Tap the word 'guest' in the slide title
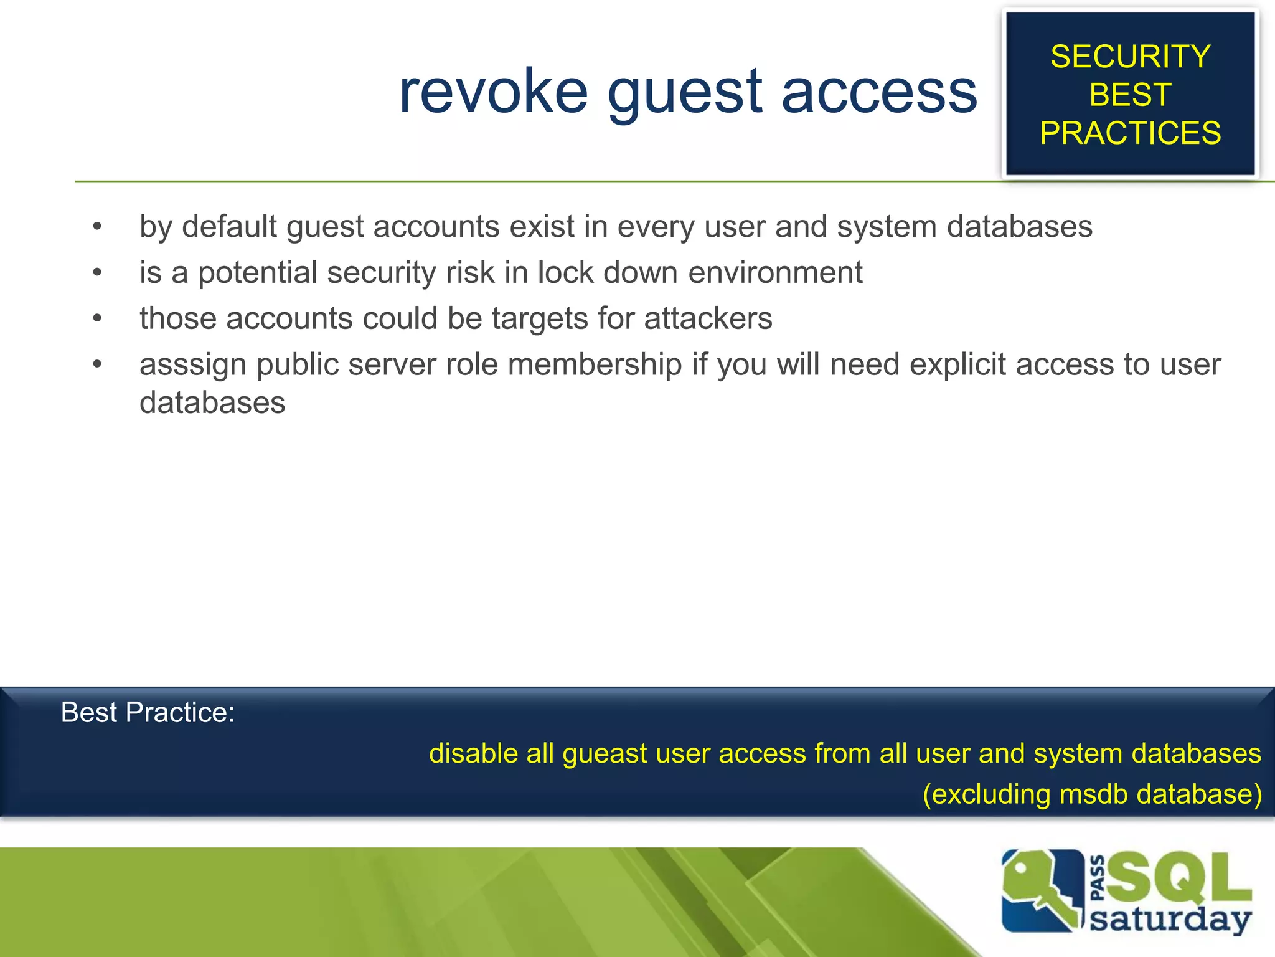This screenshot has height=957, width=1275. click(685, 93)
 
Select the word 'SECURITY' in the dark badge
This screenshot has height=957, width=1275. click(1130, 57)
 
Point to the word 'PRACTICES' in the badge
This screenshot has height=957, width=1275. click(1130, 133)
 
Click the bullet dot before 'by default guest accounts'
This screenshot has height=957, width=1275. click(97, 226)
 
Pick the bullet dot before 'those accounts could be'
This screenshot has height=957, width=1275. click(97, 318)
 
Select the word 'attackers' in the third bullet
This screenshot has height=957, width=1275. click(708, 318)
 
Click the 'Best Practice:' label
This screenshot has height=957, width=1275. click(148, 712)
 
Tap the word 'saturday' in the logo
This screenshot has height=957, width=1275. click(1170, 920)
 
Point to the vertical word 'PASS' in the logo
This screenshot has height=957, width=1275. click(1098, 878)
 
